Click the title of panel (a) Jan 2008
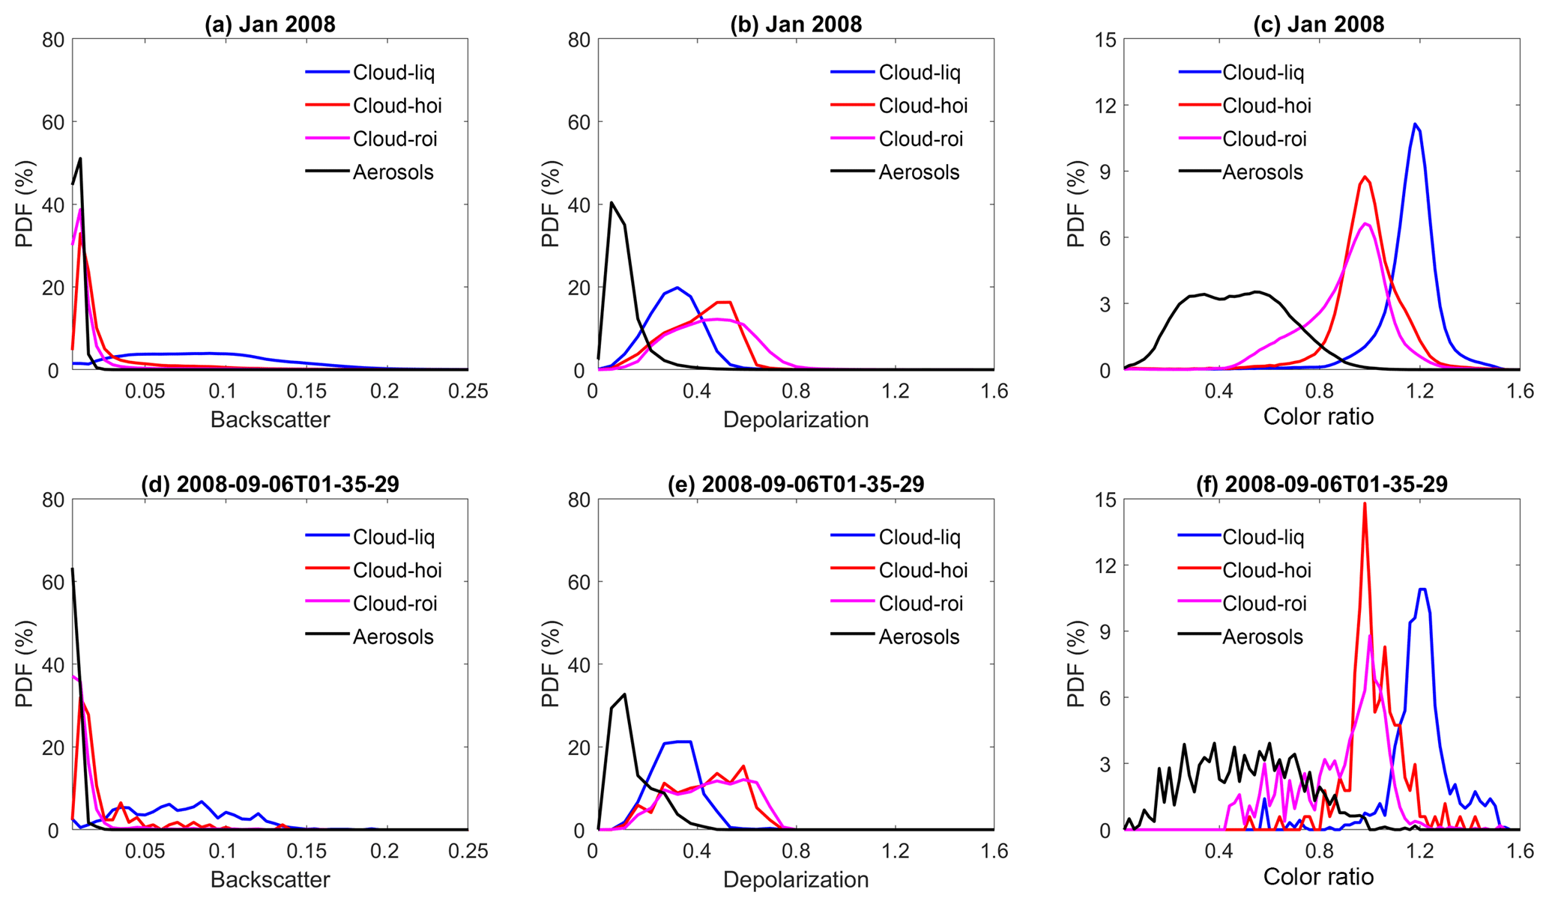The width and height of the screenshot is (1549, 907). point(270,24)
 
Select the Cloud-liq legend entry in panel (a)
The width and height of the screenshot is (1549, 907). point(393,73)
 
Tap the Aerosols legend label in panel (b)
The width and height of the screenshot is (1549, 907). point(919,172)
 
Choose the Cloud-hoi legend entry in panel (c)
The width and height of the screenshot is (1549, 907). point(1266,106)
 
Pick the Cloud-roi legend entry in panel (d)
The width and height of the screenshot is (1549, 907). point(395,604)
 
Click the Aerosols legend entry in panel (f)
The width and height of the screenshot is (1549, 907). point(1263,637)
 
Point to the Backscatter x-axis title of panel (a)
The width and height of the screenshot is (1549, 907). point(270,419)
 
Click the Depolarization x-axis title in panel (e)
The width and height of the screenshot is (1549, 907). point(795,879)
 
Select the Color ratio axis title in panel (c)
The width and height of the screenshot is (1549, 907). point(1318,416)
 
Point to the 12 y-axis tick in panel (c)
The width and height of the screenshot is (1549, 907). point(1106,106)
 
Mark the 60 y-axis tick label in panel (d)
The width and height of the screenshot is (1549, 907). point(52,582)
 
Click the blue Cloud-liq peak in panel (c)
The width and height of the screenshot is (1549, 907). point(1414,124)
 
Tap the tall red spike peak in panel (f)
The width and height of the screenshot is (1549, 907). point(1365,503)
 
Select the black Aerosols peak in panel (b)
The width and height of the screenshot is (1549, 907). point(612,202)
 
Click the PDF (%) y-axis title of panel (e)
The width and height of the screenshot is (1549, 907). point(551,664)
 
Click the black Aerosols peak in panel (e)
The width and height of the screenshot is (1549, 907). point(624,694)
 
